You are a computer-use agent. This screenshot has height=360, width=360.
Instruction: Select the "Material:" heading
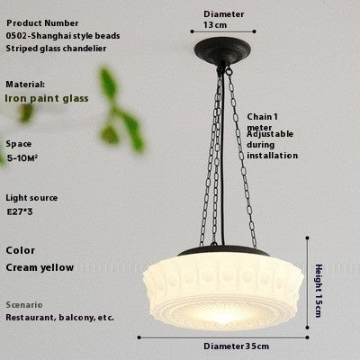25,83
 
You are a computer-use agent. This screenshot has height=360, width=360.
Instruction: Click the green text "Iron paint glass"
47,98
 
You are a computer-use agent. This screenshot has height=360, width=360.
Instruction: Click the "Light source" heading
31,197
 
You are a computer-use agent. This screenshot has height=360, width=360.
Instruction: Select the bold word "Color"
21,251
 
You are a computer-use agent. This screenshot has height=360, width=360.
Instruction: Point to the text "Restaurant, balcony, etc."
59,318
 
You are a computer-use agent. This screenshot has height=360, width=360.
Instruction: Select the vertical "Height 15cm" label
319,289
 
